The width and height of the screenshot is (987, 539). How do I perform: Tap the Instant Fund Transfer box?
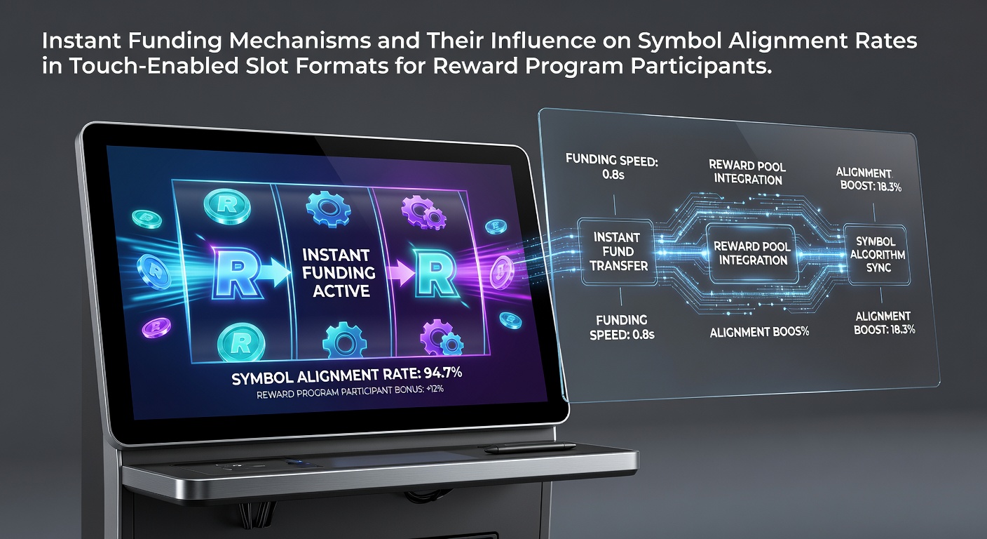pos(618,252)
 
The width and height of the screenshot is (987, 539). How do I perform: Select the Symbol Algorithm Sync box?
pos(877,255)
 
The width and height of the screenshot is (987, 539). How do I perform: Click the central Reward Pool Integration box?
pos(752,253)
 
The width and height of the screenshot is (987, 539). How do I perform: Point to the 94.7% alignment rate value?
pos(442,373)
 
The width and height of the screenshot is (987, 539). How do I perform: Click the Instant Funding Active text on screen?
pos(339,273)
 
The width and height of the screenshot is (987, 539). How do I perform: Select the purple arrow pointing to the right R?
pos(400,272)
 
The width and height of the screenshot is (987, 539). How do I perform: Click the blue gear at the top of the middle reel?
pos(328,208)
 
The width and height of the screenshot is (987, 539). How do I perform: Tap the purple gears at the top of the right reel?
pos(423,212)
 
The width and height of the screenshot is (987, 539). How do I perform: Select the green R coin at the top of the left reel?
pos(227,205)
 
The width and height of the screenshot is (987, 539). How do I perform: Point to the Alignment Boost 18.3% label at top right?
pos(869,180)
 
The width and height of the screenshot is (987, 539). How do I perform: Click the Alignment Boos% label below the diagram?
pos(759,332)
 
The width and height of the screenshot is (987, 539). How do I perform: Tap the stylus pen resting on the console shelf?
pos(530,448)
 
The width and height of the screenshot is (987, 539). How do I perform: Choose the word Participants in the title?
pos(701,66)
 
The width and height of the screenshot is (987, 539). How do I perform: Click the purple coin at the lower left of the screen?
pos(156,327)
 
